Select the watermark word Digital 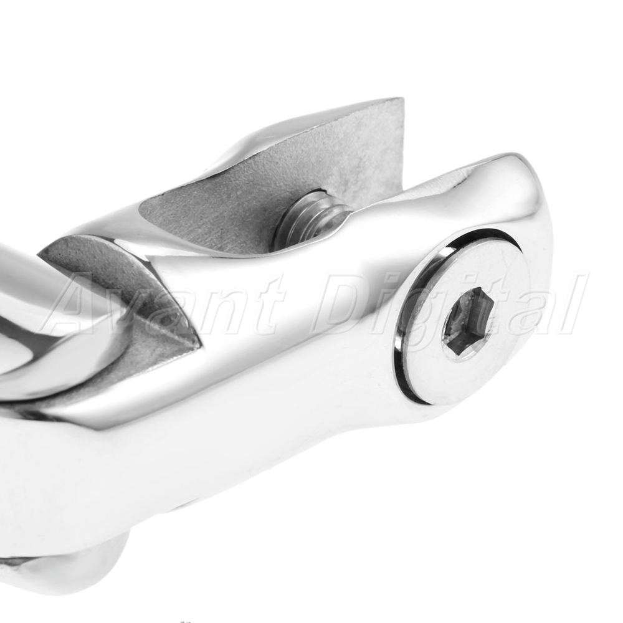(x=449, y=305)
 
